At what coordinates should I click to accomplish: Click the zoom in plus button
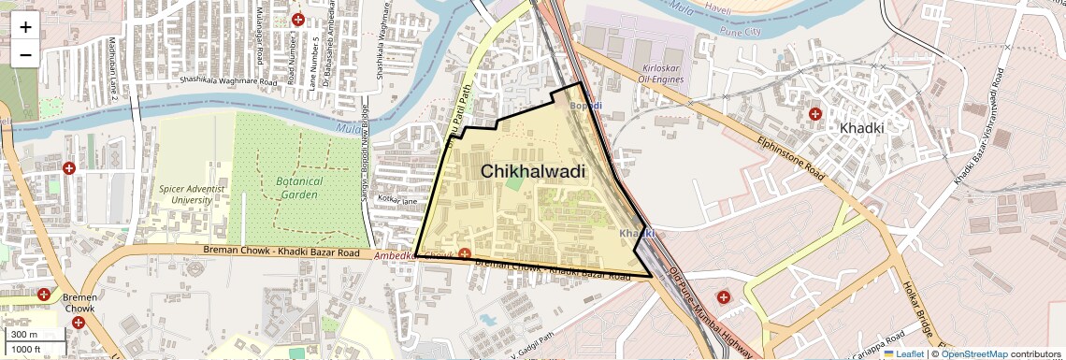tap(25, 27)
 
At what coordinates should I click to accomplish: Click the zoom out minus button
tap(25, 54)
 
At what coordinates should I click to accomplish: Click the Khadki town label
tap(867, 128)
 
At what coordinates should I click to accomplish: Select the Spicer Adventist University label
tap(192, 194)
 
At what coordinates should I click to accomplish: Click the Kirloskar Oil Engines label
tap(651, 73)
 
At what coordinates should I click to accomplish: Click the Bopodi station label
tap(586, 107)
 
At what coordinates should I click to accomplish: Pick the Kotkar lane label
tap(397, 200)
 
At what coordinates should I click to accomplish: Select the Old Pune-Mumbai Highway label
tap(711, 313)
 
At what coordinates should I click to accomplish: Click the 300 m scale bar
tap(25, 335)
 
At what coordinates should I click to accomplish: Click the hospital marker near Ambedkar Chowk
tap(464, 253)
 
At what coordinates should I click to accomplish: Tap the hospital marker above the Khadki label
tap(815, 114)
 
